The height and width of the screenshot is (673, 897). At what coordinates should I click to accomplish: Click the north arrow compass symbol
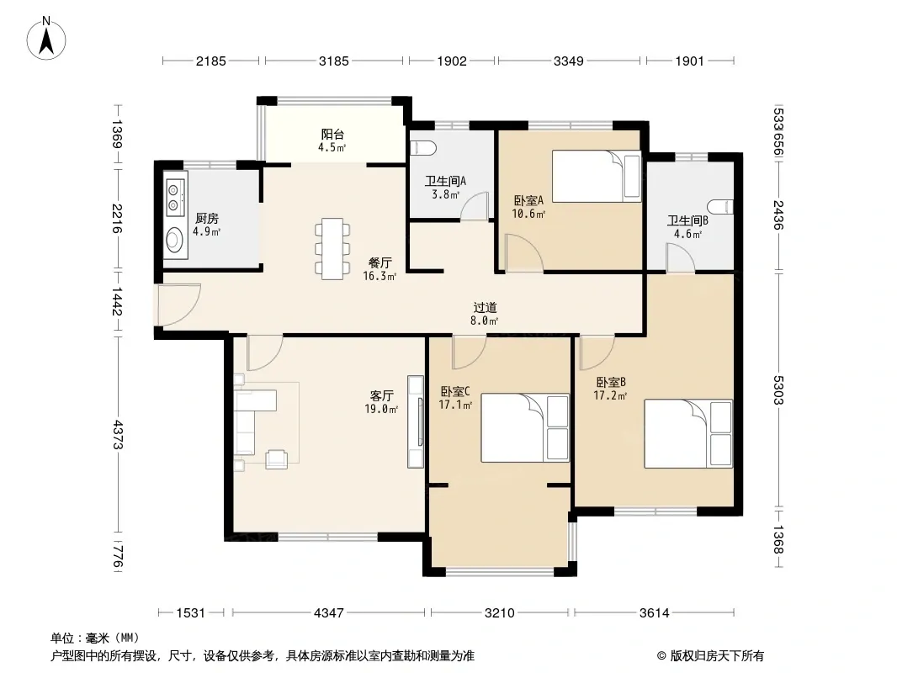45,39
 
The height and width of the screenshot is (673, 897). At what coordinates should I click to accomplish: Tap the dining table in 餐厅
332,249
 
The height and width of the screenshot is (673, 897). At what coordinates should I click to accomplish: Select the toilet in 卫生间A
424,148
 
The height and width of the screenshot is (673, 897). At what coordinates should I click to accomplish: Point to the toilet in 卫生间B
720,206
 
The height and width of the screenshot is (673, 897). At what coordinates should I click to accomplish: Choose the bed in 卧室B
688,433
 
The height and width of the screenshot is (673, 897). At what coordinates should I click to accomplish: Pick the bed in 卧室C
524,427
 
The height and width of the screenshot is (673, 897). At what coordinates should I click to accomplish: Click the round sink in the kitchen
174,240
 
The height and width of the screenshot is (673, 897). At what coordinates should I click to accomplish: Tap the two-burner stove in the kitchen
175,197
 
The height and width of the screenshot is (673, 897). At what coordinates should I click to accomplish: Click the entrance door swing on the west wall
179,305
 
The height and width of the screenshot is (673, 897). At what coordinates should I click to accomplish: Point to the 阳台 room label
332,135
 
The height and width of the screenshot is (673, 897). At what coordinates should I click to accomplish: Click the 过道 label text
485,308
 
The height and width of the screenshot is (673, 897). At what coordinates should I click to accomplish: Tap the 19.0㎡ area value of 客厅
381,409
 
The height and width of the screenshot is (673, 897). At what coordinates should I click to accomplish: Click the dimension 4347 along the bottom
329,613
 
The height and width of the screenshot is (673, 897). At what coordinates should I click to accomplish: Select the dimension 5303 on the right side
778,390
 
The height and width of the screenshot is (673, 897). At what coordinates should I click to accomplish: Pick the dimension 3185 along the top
333,61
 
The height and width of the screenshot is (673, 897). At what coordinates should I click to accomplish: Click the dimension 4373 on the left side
117,435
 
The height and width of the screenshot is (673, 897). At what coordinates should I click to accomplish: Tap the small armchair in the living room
277,459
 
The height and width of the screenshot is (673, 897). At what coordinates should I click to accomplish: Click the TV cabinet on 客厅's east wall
416,421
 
